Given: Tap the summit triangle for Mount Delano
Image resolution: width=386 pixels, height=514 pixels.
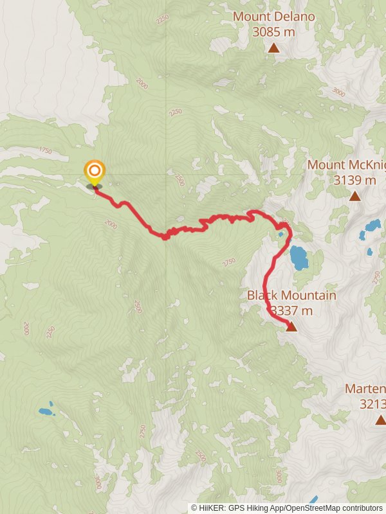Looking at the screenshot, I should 274,48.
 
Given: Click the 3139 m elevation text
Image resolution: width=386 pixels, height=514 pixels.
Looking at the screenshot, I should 354,180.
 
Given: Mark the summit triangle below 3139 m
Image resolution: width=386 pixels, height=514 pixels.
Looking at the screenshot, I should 355,195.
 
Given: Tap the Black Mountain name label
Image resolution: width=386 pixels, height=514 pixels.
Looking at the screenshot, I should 291,296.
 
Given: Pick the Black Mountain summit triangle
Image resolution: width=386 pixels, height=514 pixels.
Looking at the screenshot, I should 291,326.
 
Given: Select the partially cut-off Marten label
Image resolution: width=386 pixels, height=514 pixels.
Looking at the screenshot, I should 365,389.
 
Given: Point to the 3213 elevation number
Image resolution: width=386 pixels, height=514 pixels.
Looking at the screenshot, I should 372,404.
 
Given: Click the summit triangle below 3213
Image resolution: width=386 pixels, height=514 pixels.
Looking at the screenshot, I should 380,420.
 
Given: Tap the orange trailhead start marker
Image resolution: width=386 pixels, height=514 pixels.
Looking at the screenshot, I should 95,171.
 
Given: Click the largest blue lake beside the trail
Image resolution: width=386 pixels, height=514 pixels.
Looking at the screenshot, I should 299,257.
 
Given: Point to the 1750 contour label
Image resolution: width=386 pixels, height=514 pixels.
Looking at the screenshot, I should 44,150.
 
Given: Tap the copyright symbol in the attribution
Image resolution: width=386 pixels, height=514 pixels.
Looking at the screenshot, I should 194,508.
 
